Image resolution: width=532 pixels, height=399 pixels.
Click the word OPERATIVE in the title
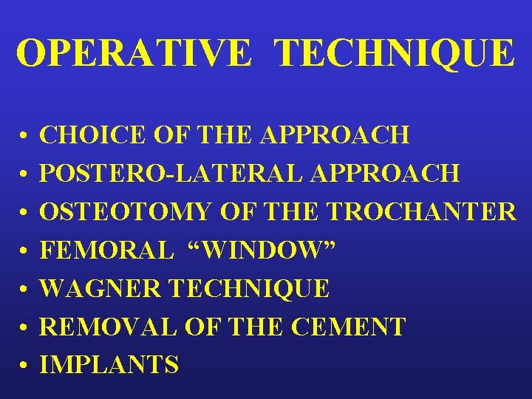(x=134, y=53)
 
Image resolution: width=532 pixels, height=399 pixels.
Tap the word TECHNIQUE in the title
(x=395, y=53)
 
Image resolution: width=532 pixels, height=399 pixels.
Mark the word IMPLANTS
(x=109, y=364)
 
